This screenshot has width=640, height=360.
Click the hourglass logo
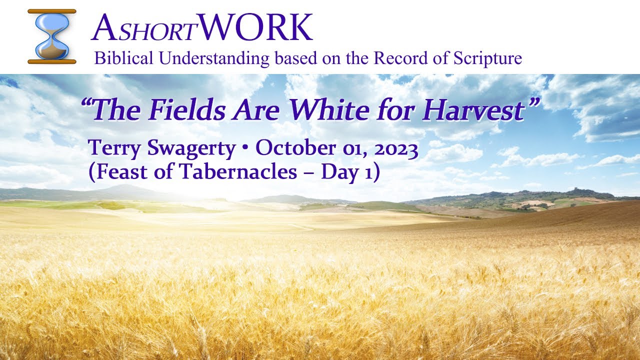(x=52, y=36)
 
